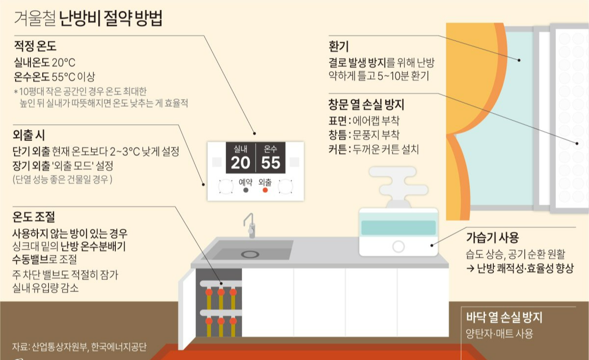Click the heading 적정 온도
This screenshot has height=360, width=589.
[35, 47]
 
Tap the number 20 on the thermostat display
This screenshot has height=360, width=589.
[241, 163]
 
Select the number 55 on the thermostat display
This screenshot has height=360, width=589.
[270, 163]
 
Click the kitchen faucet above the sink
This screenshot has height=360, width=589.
[250, 226]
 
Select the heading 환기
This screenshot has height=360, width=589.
[339, 47]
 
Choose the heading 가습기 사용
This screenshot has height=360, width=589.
[492, 238]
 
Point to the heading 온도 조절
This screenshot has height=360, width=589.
[34, 217]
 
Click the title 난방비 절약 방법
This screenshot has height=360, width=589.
[110, 20]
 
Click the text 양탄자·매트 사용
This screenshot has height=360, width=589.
[499, 333]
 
